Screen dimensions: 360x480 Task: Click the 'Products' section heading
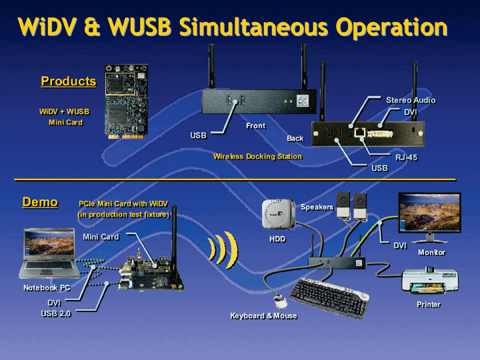coord(68,81)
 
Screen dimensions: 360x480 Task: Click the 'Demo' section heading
coord(40,202)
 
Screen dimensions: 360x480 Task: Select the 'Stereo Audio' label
coord(411,100)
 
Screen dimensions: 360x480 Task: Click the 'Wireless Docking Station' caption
coord(257,157)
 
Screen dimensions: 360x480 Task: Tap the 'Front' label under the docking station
coord(255,125)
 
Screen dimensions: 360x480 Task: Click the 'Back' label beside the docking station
coord(295,139)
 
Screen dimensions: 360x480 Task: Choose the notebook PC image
coord(51,253)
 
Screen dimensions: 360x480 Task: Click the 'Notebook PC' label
coord(47,288)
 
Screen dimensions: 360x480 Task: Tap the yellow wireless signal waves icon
coord(222,249)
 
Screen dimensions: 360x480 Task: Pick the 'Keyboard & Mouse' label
coord(263,315)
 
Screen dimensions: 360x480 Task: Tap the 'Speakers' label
coord(317,207)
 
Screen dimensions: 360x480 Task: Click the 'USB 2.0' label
coord(56,313)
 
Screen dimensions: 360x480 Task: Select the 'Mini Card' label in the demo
coord(101,237)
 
